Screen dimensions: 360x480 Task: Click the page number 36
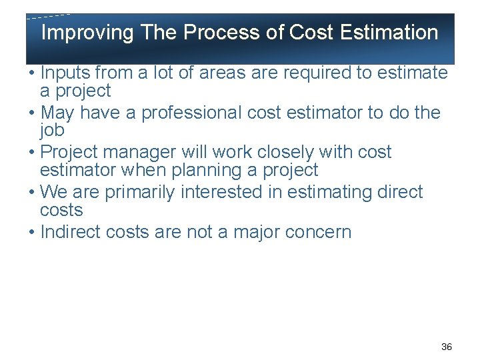(x=447, y=347)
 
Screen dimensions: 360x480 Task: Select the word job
(x=52, y=130)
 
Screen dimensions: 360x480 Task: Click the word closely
(x=296, y=153)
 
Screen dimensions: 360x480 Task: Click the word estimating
(x=333, y=193)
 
